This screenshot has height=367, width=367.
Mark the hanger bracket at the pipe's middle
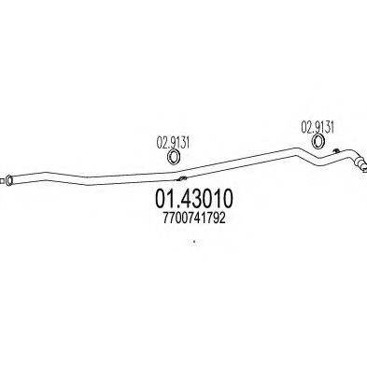pyautogui.click(x=183, y=177)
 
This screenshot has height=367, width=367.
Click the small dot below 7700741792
pyautogui.click(x=194, y=247)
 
